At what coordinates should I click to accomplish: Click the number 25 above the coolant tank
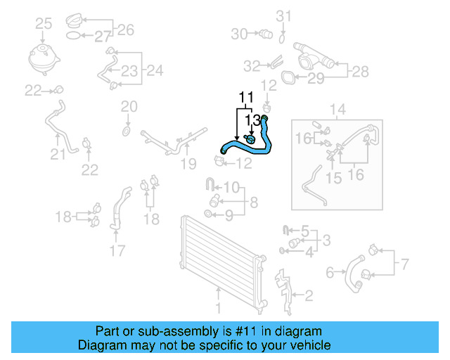click(x=44, y=25)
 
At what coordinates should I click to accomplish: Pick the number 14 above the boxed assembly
click(x=337, y=110)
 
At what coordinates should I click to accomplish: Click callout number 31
click(x=283, y=16)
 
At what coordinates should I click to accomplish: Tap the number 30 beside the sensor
click(x=239, y=33)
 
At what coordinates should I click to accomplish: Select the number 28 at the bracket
click(x=360, y=71)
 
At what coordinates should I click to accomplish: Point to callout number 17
click(x=117, y=250)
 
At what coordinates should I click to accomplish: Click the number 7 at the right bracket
click(x=404, y=265)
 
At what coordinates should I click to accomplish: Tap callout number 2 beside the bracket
click(x=308, y=295)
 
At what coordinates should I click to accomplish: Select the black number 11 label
click(x=245, y=96)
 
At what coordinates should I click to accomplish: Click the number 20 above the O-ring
click(x=128, y=107)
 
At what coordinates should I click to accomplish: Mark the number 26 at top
click(x=125, y=29)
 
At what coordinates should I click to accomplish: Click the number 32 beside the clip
click(x=252, y=66)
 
